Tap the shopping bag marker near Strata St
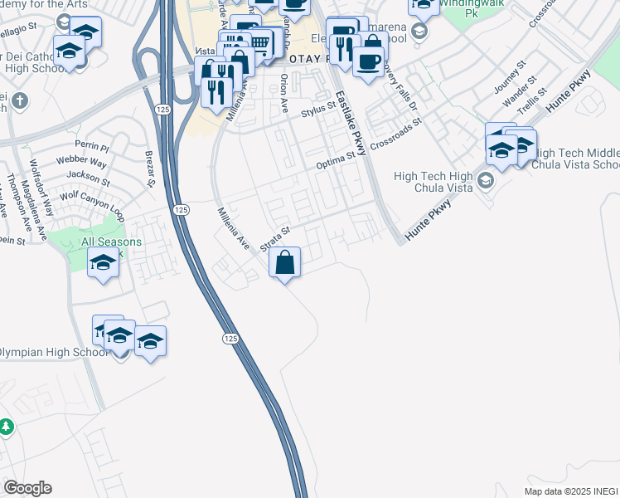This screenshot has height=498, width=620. (x=284, y=263)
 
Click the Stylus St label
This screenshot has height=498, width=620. (x=317, y=108)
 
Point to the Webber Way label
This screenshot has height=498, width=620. (x=81, y=160)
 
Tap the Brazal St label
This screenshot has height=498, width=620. (x=150, y=170)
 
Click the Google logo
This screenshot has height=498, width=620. (x=27, y=488)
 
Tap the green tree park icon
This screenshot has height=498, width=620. (x=7, y=427)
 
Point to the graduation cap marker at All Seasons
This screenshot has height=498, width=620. (x=103, y=263)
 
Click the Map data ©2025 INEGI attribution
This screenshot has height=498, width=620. (x=571, y=491)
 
